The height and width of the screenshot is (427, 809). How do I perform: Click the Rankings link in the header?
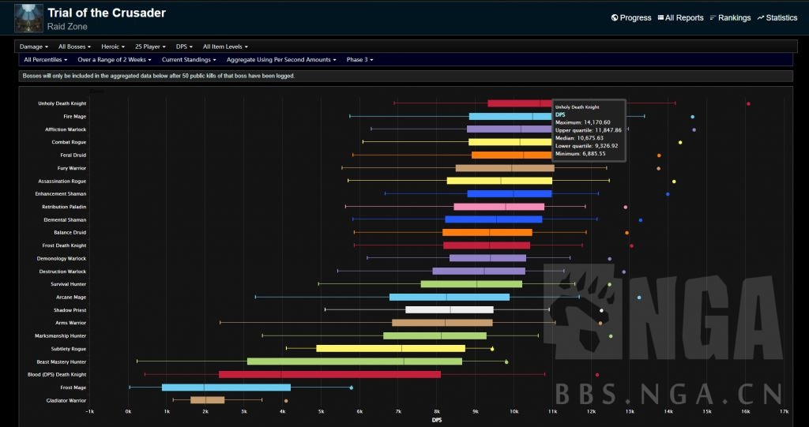pos(729,17)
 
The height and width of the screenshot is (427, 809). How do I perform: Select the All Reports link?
pos(680,17)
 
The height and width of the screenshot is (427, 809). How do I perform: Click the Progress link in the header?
pos(631,17)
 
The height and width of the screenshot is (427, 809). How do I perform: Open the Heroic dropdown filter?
pos(113,47)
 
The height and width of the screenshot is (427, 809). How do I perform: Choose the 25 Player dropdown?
pos(151,47)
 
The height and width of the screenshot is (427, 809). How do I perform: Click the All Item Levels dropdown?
pos(228,47)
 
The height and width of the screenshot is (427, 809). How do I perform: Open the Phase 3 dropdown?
pos(359,59)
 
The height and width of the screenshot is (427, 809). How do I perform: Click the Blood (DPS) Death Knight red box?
pos(329,374)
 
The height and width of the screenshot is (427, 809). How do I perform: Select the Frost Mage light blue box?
pos(226,388)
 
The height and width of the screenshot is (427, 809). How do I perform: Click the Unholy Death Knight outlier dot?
pos(748,103)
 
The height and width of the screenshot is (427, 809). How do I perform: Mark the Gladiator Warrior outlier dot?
pos(286,401)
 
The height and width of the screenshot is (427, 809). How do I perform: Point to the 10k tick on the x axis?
pos(514,412)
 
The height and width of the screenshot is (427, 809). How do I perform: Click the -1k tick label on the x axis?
pos(90,412)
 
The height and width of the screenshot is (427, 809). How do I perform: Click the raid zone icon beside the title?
pos(28,17)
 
